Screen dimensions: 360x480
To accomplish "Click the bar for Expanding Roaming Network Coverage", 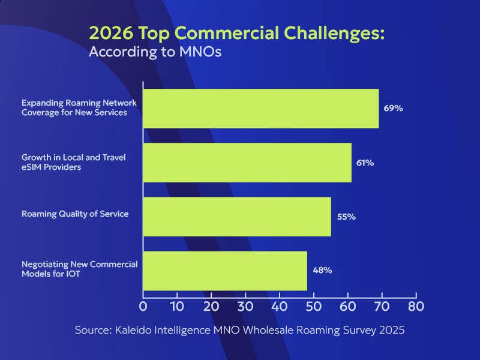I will click(x=261, y=108).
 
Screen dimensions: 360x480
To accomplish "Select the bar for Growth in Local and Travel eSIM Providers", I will click(x=247, y=162).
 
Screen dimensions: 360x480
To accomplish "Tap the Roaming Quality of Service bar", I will click(x=237, y=216).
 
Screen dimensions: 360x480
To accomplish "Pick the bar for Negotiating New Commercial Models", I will click(x=225, y=270).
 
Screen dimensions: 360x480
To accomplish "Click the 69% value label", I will click(x=393, y=109).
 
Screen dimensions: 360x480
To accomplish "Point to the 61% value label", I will click(x=365, y=163).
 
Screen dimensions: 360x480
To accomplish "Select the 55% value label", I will click(x=346, y=217).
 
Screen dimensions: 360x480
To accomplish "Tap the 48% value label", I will click(x=322, y=270).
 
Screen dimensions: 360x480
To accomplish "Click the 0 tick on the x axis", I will click(x=143, y=306).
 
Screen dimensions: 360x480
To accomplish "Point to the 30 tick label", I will click(x=245, y=306).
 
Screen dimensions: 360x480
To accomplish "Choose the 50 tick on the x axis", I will click(x=314, y=306).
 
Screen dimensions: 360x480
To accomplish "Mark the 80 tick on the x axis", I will click(x=416, y=306).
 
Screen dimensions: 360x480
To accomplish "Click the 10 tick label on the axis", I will click(x=177, y=306).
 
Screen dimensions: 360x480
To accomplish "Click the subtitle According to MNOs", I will click(x=155, y=52).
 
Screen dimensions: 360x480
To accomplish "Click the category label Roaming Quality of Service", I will click(x=75, y=214).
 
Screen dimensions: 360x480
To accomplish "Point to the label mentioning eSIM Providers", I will click(x=51, y=167).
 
